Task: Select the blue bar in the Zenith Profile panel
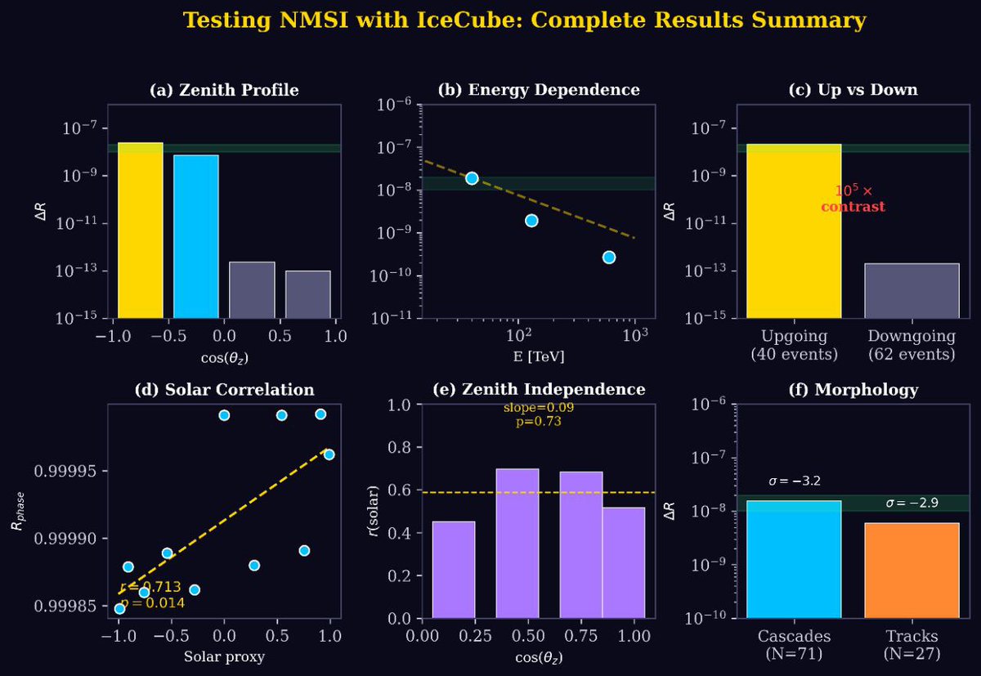(x=196, y=236)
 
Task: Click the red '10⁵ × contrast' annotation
(x=853, y=199)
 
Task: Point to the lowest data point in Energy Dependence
(x=608, y=257)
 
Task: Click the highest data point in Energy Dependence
(x=472, y=178)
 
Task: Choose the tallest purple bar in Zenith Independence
(x=517, y=543)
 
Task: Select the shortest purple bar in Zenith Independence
(x=454, y=569)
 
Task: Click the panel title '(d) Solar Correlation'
(x=224, y=389)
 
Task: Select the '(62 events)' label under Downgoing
(x=912, y=355)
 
